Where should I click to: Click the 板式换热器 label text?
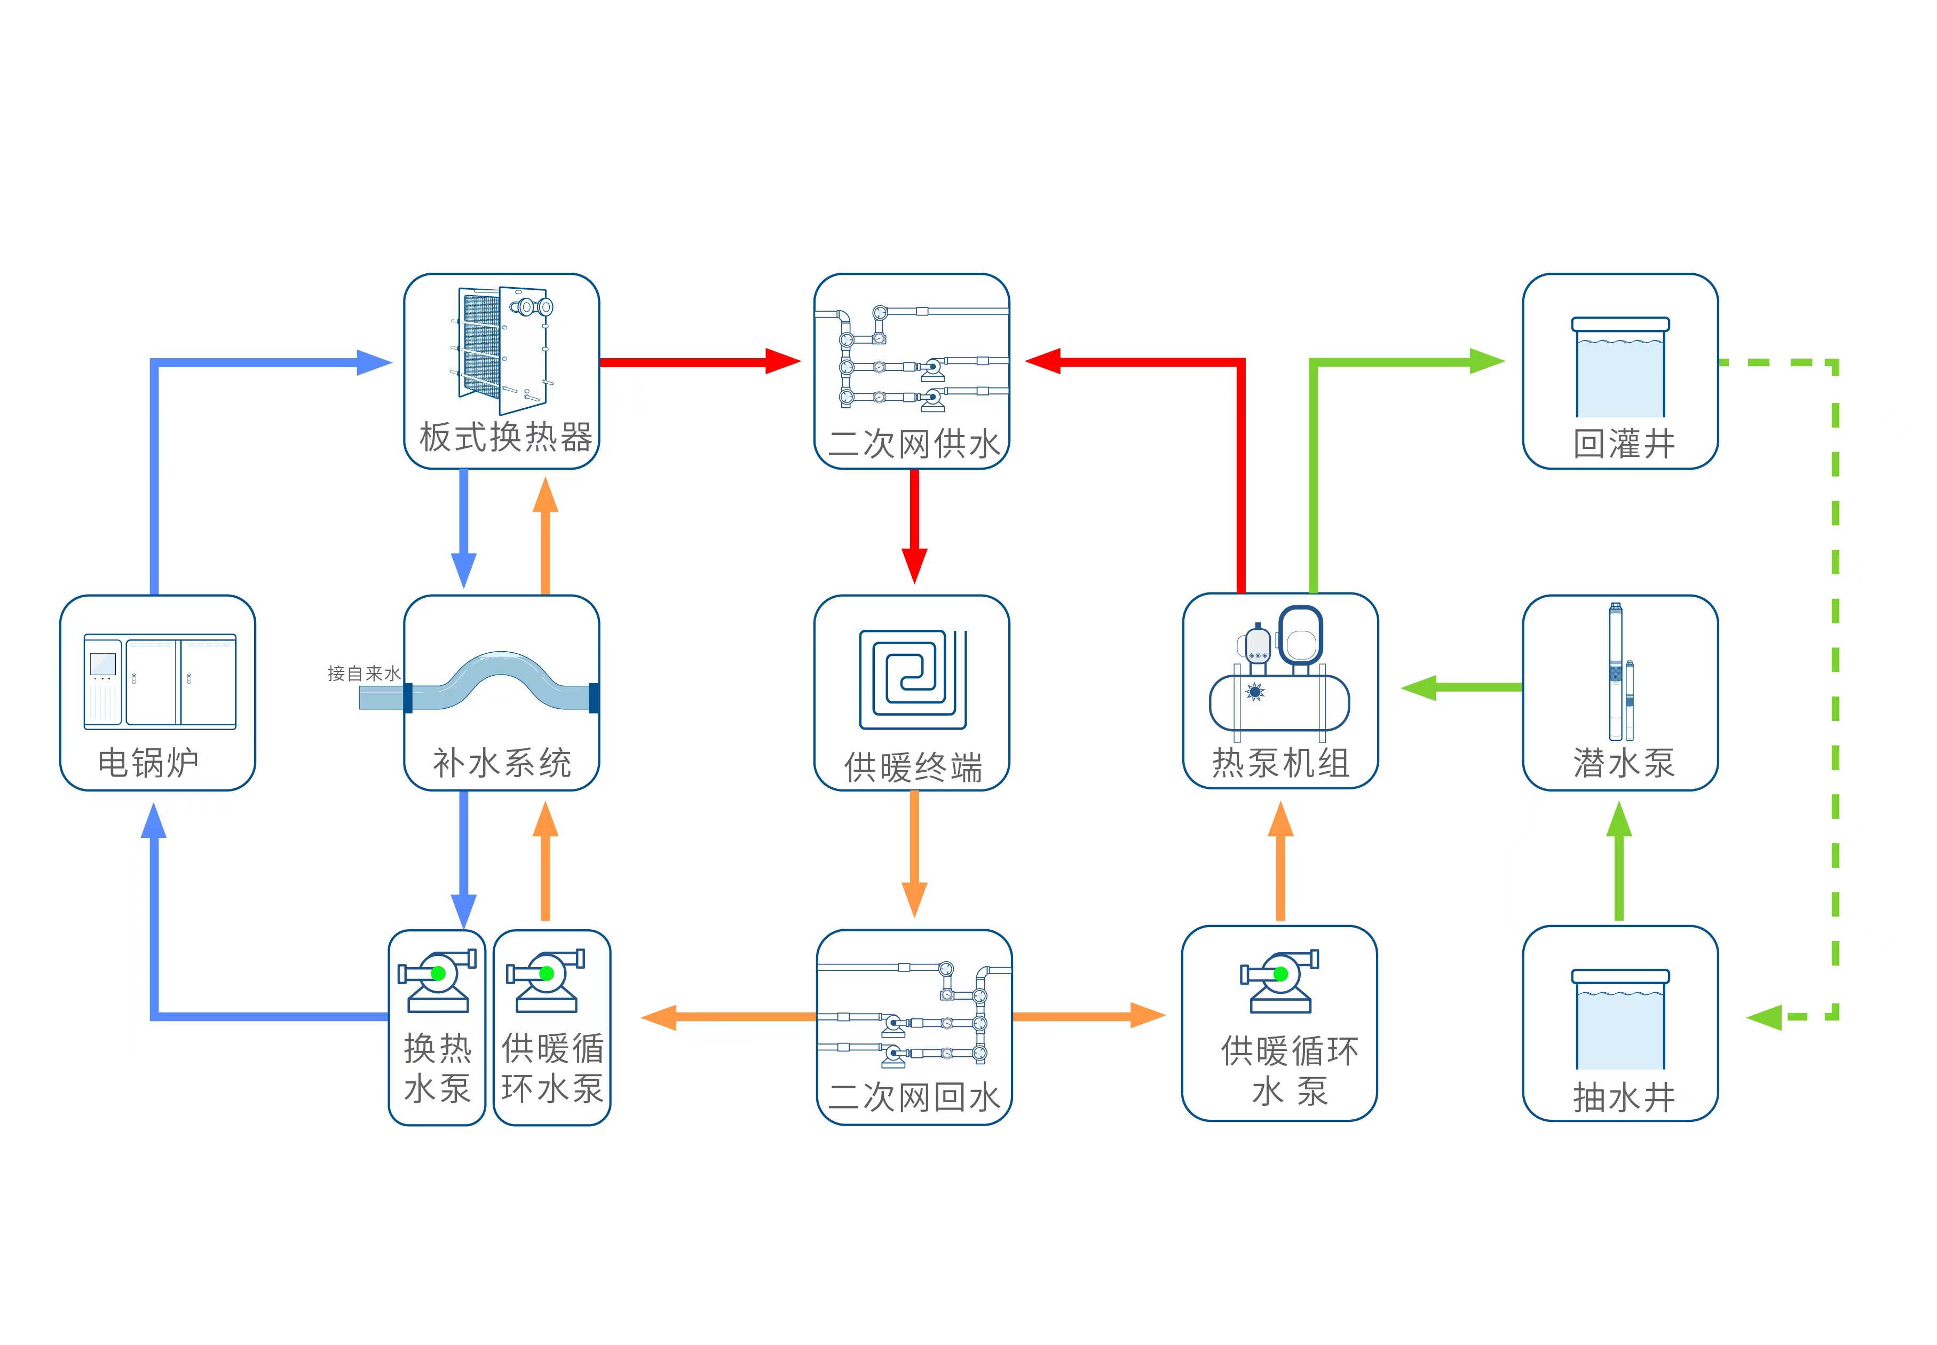(x=505, y=437)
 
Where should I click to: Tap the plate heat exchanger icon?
(x=504, y=350)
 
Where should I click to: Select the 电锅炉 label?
(x=148, y=762)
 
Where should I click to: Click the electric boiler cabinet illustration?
(x=159, y=681)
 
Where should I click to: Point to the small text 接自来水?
(x=363, y=674)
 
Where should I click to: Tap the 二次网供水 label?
(x=913, y=444)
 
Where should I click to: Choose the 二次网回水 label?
(x=913, y=1096)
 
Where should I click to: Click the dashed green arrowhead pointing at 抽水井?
(x=1764, y=1017)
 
